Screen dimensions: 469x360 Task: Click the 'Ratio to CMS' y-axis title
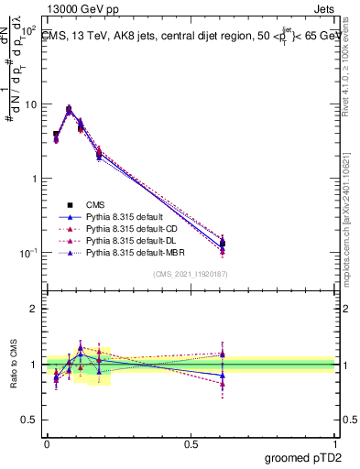click(x=13, y=365)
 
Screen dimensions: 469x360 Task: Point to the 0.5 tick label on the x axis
click(x=191, y=442)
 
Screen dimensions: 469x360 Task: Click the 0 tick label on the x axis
click(x=47, y=442)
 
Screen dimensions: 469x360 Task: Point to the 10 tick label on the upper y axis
click(x=30, y=104)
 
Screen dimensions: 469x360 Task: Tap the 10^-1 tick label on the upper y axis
click(x=28, y=253)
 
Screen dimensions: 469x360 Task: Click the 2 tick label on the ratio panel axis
click(x=35, y=309)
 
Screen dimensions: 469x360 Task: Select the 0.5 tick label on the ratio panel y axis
click(x=30, y=421)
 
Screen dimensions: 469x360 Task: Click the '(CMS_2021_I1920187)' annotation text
click(x=191, y=274)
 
